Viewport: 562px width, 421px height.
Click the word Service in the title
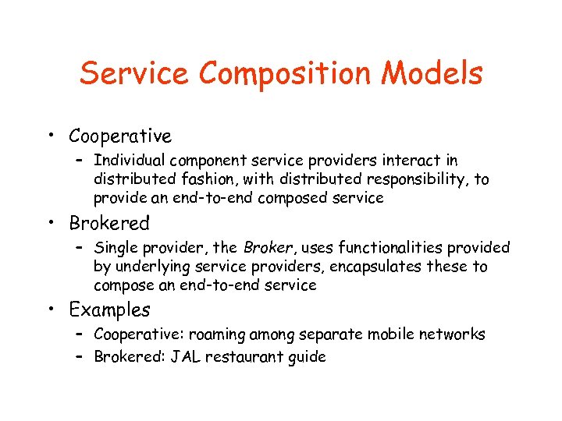click(135, 74)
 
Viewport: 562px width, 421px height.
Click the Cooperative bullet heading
click(120, 136)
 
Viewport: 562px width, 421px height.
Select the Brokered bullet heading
click(109, 223)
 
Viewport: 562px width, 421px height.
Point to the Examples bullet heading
click(109, 310)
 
